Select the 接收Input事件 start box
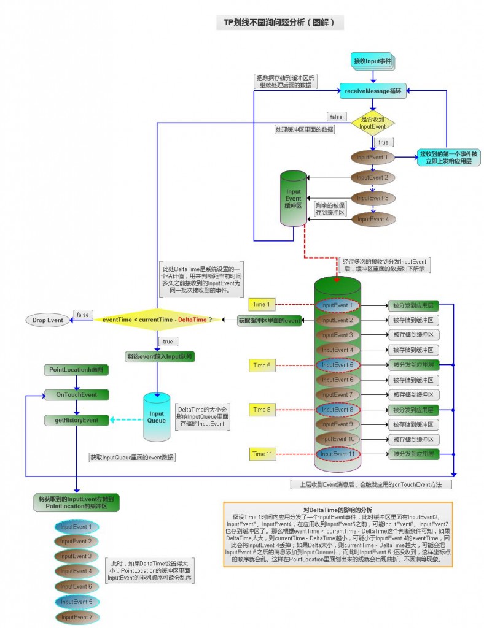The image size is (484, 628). (x=372, y=61)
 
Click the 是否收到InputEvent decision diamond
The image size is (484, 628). (x=372, y=122)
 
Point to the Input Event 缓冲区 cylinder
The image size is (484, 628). (x=294, y=198)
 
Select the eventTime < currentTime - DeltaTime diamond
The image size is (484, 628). (x=157, y=320)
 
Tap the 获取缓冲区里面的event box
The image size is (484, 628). (x=270, y=320)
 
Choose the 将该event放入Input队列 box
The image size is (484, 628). (x=160, y=356)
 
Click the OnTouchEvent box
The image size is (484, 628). (x=77, y=395)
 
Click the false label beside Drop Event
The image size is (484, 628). (x=82, y=315)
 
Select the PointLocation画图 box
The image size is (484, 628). (x=77, y=370)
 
